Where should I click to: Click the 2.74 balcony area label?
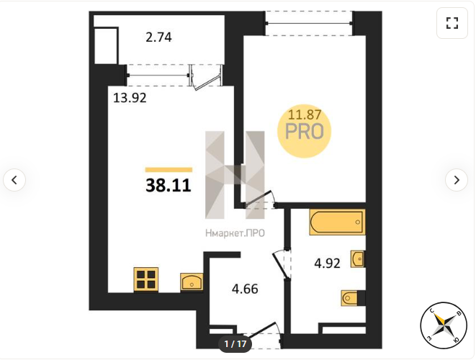click(158, 37)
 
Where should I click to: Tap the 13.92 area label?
click(130, 98)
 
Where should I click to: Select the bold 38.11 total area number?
click(169, 185)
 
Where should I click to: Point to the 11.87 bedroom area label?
click(304, 114)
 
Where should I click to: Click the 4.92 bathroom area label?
click(327, 264)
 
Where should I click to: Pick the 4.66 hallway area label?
click(245, 289)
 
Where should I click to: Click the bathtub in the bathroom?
click(337, 222)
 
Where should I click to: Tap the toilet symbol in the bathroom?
click(349, 298)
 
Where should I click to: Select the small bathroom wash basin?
click(357, 259)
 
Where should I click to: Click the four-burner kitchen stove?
click(146, 279)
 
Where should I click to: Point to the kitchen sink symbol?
click(192, 282)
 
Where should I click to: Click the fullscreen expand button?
click(452, 23)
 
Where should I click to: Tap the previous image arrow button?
click(14, 180)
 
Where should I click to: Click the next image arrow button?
click(457, 180)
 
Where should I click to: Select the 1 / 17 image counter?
click(235, 344)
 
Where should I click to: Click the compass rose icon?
click(444, 325)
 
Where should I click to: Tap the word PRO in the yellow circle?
click(305, 132)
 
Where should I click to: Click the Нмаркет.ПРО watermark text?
click(235, 233)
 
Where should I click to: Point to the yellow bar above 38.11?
click(169, 170)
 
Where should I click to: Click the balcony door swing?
click(207, 81)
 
